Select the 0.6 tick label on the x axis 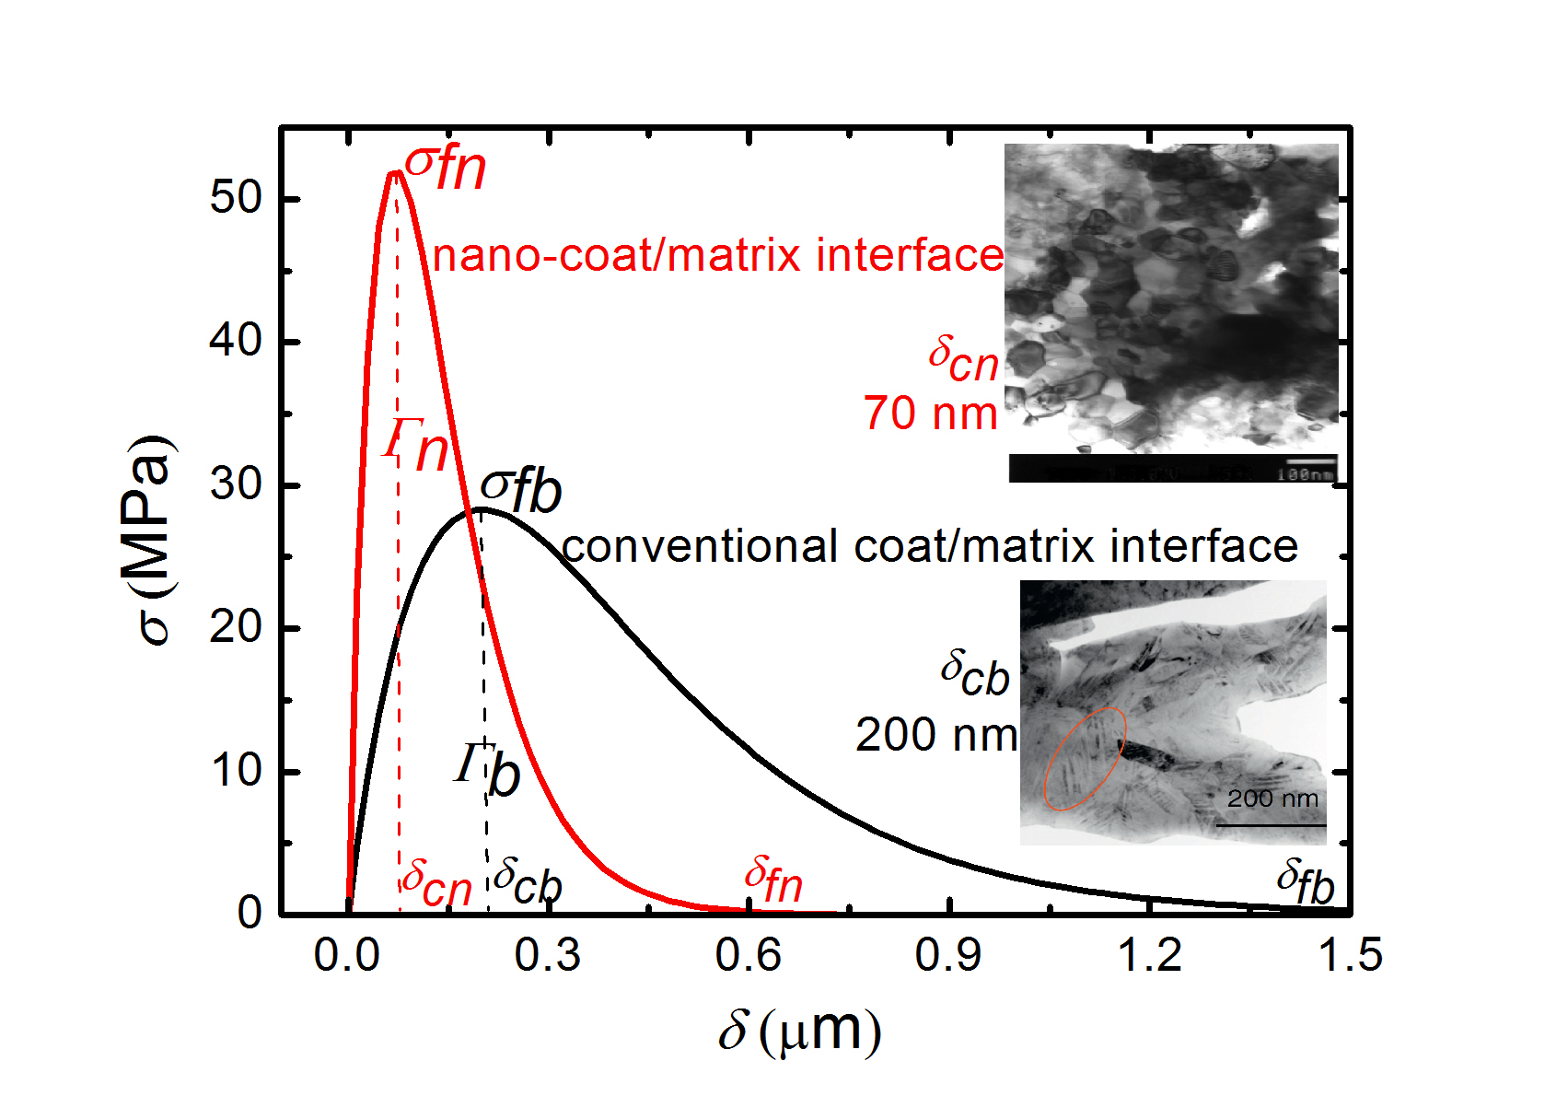click(x=748, y=955)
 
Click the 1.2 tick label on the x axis click(x=1149, y=955)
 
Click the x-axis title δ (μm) click(x=799, y=1031)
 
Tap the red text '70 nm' click(x=930, y=414)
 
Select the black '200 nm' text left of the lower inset click(x=935, y=735)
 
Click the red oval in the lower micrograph click(x=1085, y=758)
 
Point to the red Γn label click(x=417, y=445)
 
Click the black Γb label click(x=488, y=769)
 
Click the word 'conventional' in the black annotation click(x=700, y=546)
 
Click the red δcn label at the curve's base click(x=437, y=882)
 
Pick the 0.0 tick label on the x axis click(x=346, y=955)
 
